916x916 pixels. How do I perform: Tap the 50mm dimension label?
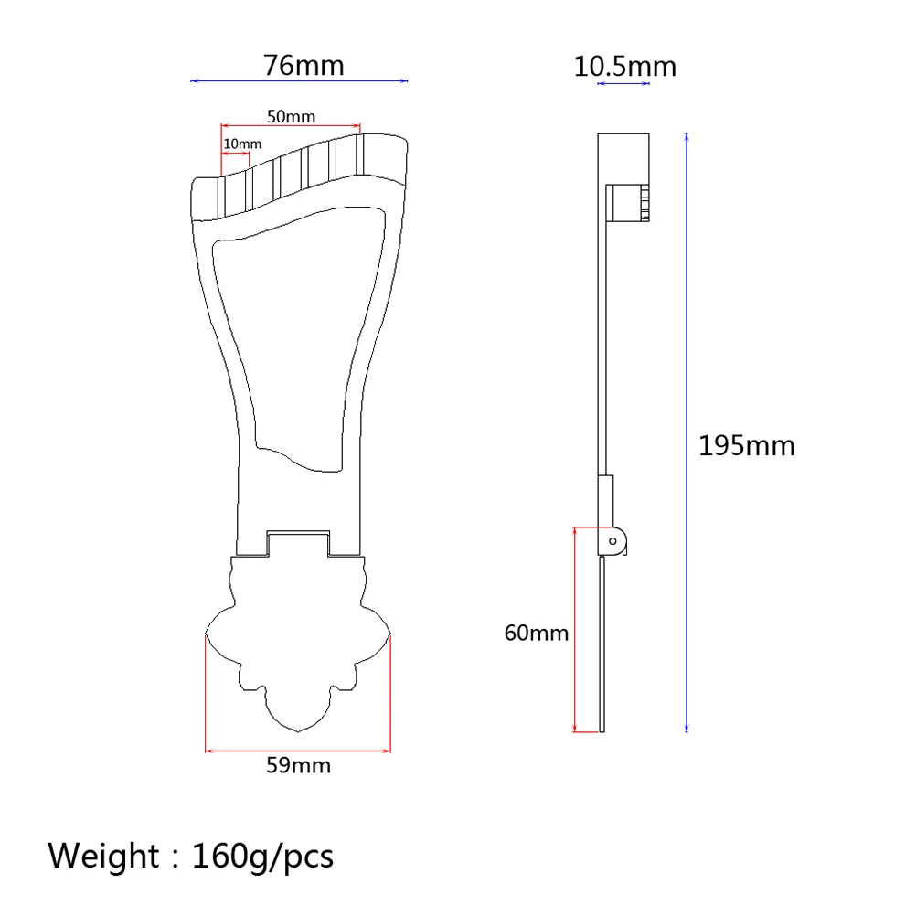pyautogui.click(x=291, y=116)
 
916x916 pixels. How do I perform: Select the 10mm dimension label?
pyautogui.click(x=242, y=144)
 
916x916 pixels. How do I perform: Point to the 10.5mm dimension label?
pyautogui.click(x=624, y=67)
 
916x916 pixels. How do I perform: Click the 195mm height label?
pyautogui.click(x=746, y=446)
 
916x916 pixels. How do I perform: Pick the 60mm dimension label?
pyautogui.click(x=536, y=633)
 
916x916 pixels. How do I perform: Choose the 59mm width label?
pyautogui.click(x=298, y=765)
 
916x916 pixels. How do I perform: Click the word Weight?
pyautogui.click(x=103, y=857)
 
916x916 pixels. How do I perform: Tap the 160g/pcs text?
pyautogui.click(x=262, y=857)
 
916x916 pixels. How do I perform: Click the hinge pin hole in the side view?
pyautogui.click(x=613, y=541)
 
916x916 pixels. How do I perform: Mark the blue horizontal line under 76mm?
pyautogui.click(x=299, y=81)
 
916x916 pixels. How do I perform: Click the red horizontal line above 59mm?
pyautogui.click(x=298, y=751)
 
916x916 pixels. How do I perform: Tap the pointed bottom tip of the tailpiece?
pyautogui.click(x=298, y=731)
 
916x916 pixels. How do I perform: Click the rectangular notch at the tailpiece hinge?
pyautogui.click(x=298, y=542)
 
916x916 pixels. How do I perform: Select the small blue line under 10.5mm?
pyautogui.click(x=623, y=84)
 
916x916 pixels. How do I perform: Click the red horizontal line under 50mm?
pyautogui.click(x=291, y=126)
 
